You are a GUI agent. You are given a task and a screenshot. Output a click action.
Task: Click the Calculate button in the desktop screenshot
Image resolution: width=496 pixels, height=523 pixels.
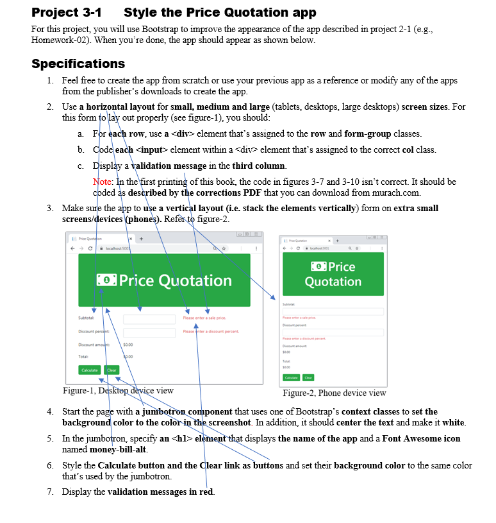tap(90, 370)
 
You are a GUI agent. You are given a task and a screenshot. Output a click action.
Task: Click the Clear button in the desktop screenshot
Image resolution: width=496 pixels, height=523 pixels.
tap(112, 370)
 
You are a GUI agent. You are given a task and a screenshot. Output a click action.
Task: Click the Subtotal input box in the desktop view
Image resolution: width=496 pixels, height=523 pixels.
tap(149, 318)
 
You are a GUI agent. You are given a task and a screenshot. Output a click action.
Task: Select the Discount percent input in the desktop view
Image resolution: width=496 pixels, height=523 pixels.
tap(149, 332)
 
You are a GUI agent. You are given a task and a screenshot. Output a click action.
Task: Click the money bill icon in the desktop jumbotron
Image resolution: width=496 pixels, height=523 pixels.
tap(106, 280)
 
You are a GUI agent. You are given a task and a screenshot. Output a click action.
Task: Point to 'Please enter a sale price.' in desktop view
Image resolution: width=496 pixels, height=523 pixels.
tap(204, 318)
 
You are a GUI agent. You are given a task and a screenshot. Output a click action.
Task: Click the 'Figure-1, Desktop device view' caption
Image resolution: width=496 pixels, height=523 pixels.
tap(118, 390)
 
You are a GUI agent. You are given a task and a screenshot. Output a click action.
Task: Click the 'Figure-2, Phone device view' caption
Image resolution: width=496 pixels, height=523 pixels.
tap(335, 393)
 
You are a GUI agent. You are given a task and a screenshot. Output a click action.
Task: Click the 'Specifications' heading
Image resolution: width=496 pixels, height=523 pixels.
tap(78, 64)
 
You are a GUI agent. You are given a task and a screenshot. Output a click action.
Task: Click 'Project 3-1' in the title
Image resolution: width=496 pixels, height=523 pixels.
tap(66, 12)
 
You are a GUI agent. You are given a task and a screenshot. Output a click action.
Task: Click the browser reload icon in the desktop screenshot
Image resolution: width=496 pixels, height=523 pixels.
tap(92, 248)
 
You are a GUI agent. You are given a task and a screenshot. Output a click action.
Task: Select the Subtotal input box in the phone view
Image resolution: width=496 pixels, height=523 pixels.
tap(333, 311)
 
